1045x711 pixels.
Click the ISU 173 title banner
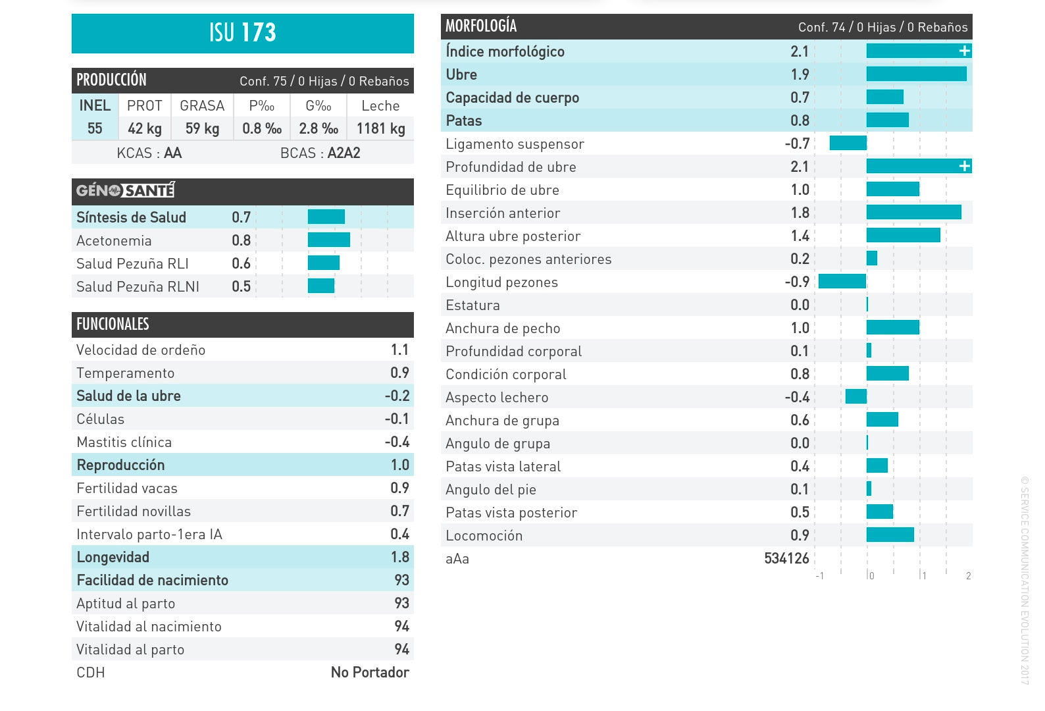point(242,33)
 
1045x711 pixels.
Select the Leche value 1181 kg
point(380,128)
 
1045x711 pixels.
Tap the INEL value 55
point(95,128)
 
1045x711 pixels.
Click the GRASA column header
point(202,105)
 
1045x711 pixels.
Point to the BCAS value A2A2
point(344,153)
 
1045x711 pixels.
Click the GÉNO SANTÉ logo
point(125,191)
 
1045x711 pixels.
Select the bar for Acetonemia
point(328,240)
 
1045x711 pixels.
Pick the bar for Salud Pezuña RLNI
point(321,286)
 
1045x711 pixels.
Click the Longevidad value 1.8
point(399,557)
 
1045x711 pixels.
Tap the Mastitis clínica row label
point(124,442)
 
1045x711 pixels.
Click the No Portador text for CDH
point(370,672)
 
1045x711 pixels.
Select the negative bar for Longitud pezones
point(842,281)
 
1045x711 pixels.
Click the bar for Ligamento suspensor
point(848,143)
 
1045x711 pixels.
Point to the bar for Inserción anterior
point(913,212)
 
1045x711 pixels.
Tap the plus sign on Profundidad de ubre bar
point(964,166)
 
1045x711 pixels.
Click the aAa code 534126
point(786,558)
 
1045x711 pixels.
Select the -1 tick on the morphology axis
point(820,576)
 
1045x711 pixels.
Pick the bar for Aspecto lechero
point(856,396)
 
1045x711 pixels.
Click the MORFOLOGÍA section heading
point(481,26)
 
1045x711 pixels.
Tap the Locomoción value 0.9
point(800,535)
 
